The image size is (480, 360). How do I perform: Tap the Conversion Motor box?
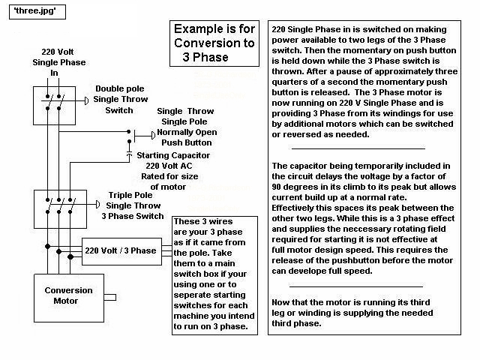point(68,295)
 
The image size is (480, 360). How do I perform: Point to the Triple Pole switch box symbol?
point(59,205)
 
